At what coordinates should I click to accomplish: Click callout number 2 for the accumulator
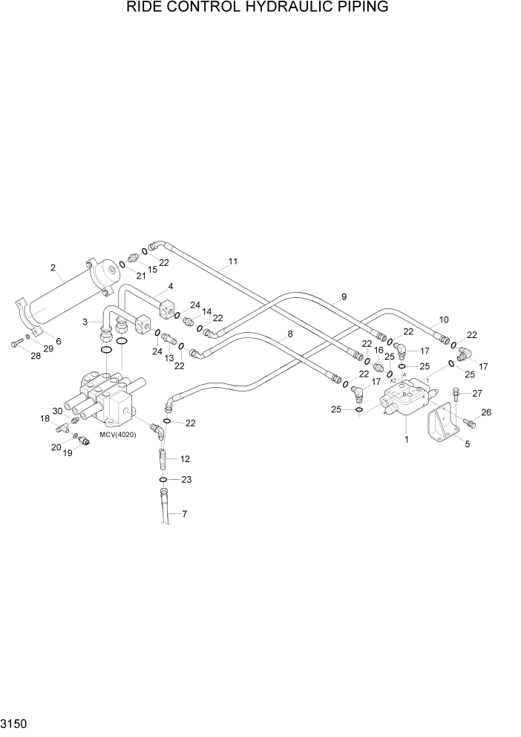53,267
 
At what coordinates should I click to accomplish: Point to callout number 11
232,262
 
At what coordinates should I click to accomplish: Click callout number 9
343,297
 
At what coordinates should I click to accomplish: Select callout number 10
444,320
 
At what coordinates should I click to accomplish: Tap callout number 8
289,334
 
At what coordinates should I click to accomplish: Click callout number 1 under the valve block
406,439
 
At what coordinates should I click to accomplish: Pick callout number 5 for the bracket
467,444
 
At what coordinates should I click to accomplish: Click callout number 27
477,394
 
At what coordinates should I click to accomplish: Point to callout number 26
486,412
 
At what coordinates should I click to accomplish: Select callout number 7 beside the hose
185,514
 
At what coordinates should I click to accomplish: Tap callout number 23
186,480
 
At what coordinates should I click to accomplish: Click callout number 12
186,459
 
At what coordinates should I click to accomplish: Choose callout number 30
57,412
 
